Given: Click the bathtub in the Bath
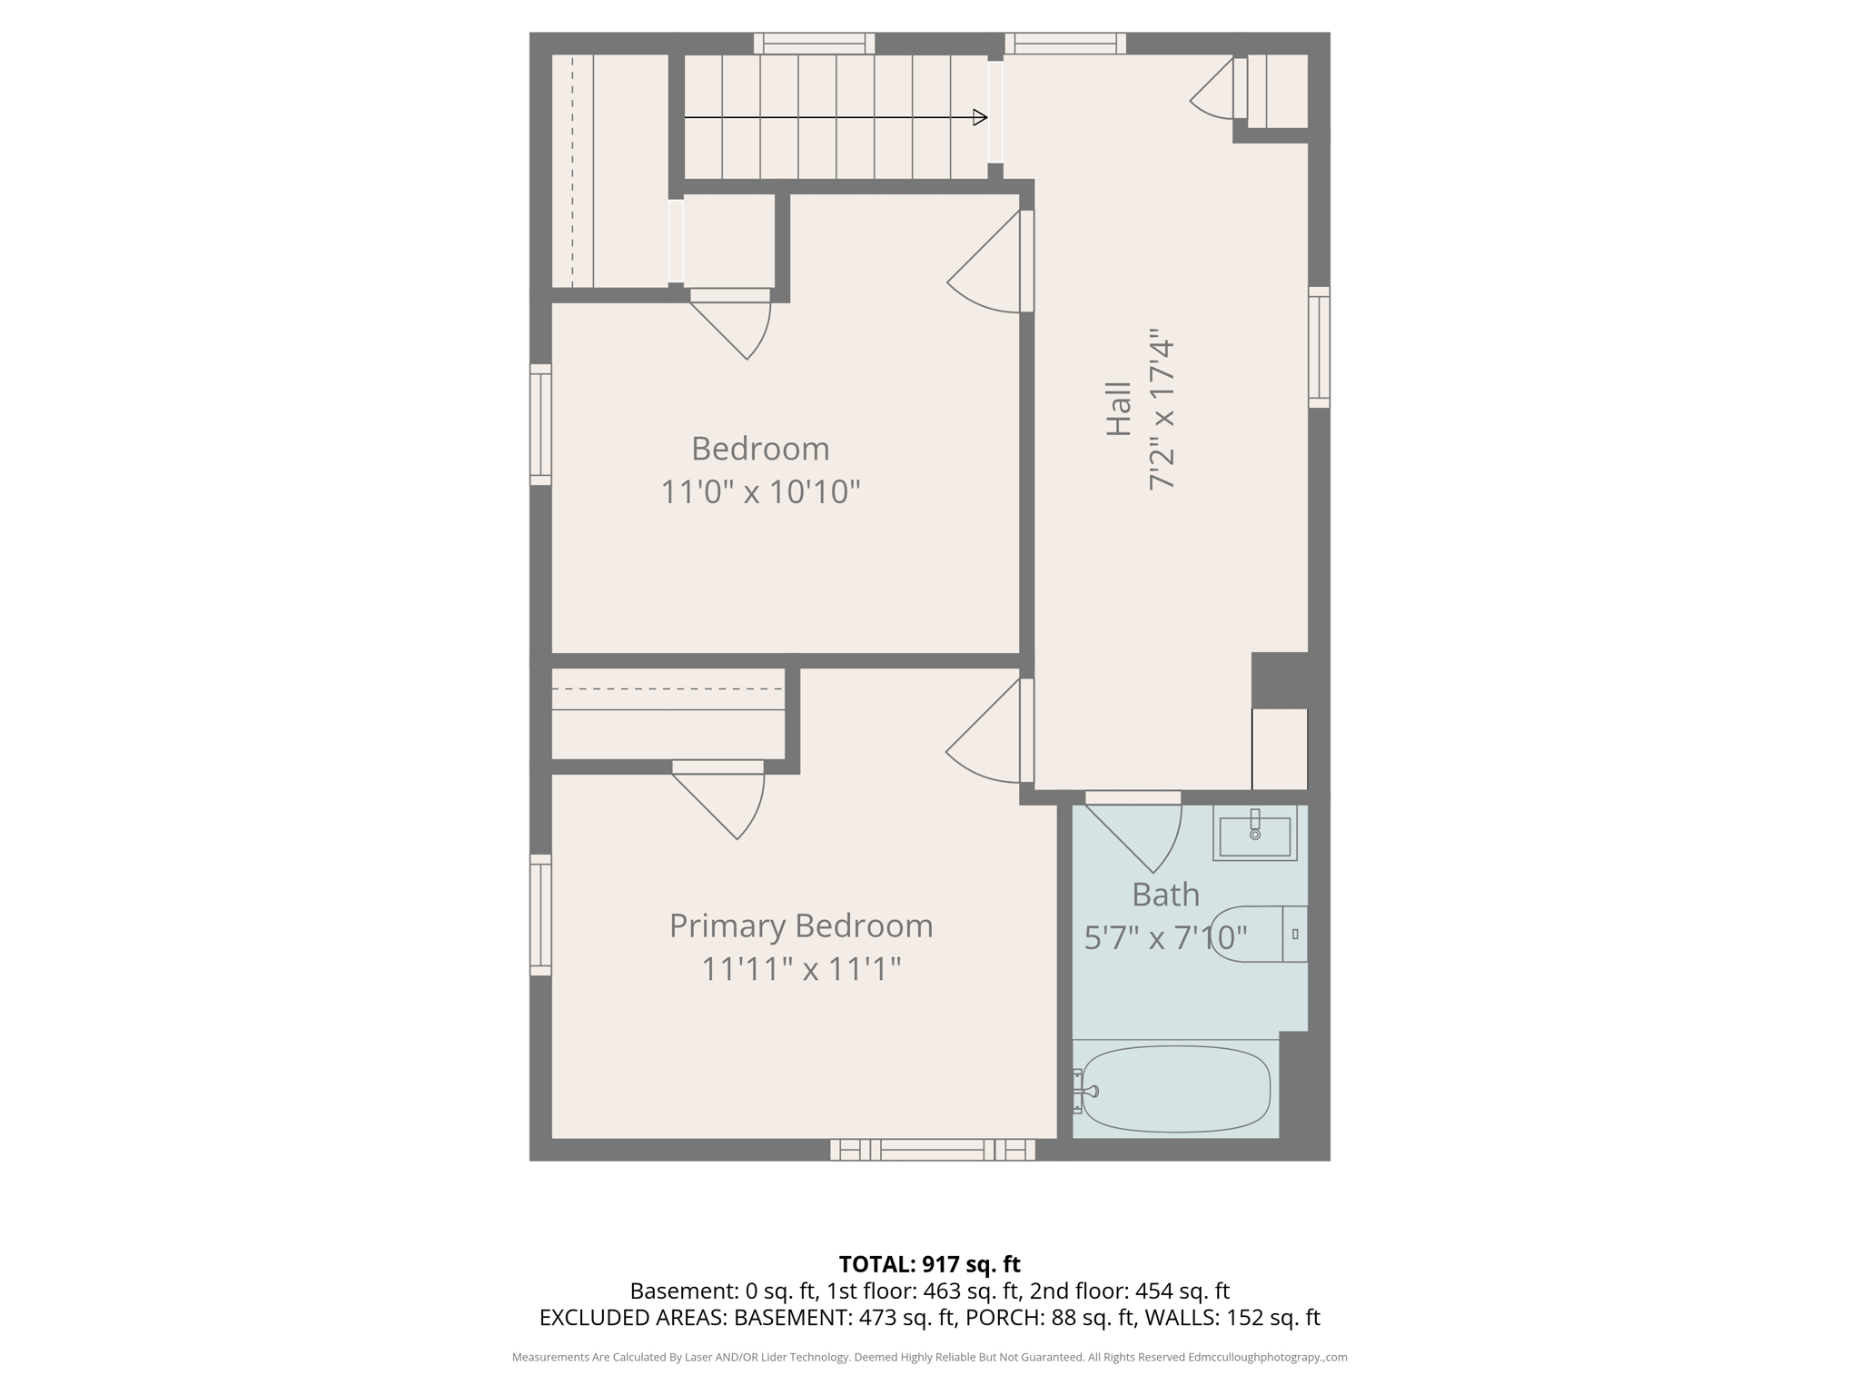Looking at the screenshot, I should (x=1175, y=1089).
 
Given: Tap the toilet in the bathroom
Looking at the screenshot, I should (x=1259, y=934).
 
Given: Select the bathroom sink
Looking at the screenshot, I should (x=1254, y=833).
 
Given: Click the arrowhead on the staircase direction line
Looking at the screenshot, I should (x=980, y=117).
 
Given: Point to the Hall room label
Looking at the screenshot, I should (x=1119, y=409).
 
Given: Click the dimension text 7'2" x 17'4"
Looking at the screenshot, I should (x=1162, y=411).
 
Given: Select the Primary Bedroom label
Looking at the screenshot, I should (x=801, y=925).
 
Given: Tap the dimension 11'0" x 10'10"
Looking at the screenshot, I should (x=760, y=492).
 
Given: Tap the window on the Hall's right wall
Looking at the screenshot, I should (x=1319, y=347).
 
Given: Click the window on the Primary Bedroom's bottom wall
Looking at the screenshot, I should (x=932, y=1151).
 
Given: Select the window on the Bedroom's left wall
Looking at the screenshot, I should (x=540, y=424).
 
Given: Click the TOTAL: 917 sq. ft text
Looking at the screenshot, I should (x=929, y=1264).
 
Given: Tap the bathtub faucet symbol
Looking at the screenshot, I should (x=1086, y=1092).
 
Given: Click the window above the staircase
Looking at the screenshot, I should (x=814, y=43).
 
